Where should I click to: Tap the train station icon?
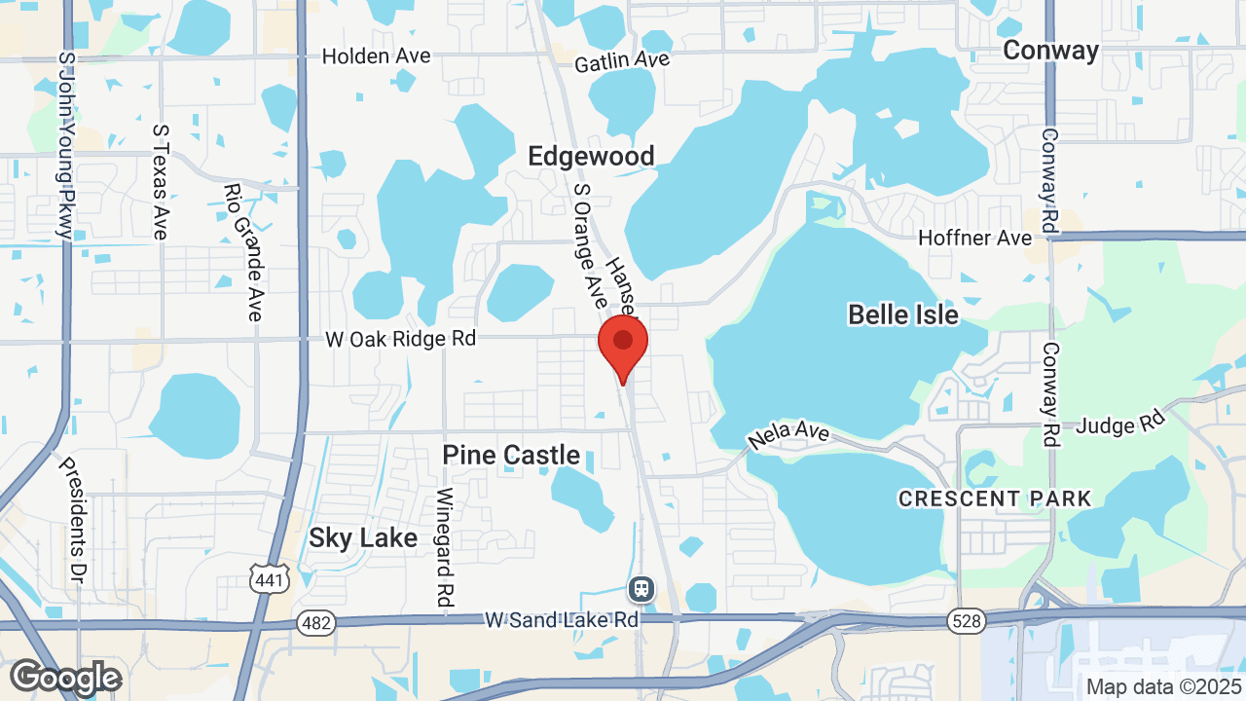[x=641, y=588]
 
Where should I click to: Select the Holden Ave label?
[x=376, y=56]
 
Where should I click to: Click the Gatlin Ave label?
[x=622, y=61]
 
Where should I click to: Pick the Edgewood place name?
[x=591, y=156]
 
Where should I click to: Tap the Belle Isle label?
[x=903, y=314]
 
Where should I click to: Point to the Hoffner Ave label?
[x=975, y=238]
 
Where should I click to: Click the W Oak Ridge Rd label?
[x=401, y=339]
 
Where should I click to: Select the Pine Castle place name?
[x=511, y=455]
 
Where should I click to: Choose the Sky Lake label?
[x=363, y=537]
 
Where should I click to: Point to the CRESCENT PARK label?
[x=995, y=498]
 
